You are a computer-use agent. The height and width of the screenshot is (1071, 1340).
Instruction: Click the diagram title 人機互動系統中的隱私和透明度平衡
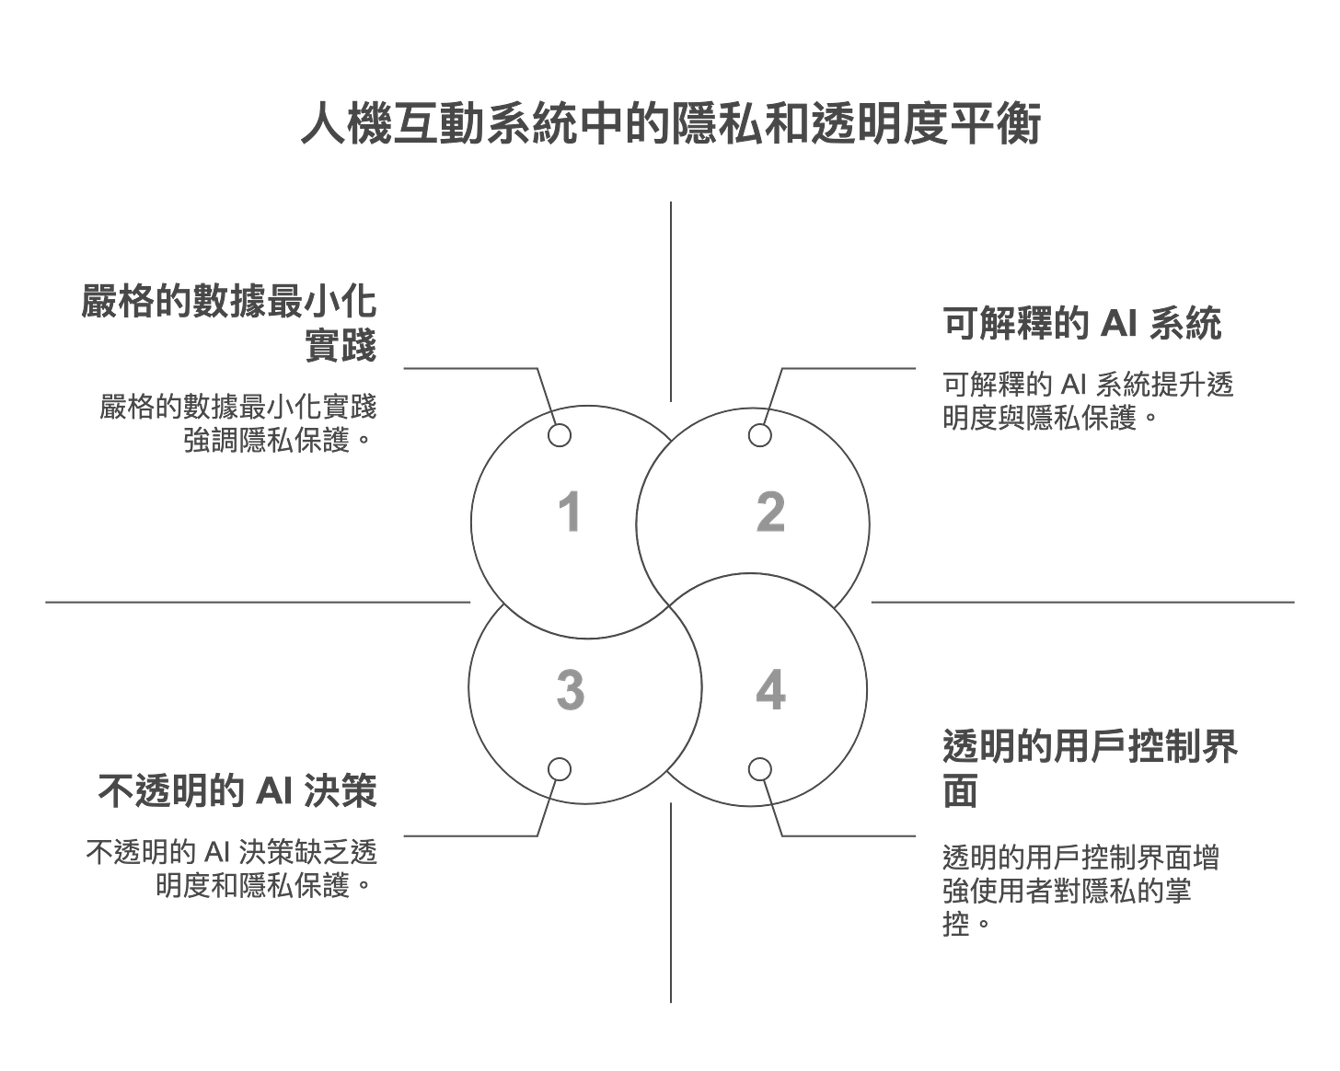click(x=670, y=125)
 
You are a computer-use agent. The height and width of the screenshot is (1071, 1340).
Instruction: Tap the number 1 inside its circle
click(x=571, y=512)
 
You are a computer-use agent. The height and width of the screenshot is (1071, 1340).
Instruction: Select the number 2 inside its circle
click(x=771, y=512)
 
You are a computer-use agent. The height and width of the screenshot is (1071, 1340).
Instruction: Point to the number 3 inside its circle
click(x=571, y=690)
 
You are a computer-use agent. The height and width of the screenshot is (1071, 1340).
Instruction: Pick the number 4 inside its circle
click(x=771, y=690)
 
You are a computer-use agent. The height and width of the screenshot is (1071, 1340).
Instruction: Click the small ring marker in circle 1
click(x=560, y=435)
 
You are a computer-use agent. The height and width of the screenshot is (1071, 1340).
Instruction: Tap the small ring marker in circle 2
click(x=758, y=435)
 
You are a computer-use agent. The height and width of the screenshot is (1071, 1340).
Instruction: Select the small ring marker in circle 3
click(x=560, y=768)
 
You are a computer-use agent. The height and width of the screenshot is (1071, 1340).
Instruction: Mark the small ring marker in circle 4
click(x=758, y=768)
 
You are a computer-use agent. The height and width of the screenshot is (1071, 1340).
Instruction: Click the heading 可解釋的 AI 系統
click(x=1082, y=324)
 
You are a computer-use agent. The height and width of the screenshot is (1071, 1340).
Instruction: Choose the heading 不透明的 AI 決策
click(x=237, y=791)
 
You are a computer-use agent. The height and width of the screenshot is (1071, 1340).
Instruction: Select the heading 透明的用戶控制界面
click(x=1092, y=768)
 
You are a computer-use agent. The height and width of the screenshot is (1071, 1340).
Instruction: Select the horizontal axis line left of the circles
click(x=258, y=603)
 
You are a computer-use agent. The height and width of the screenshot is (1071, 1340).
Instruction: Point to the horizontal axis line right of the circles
click(x=1082, y=603)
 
